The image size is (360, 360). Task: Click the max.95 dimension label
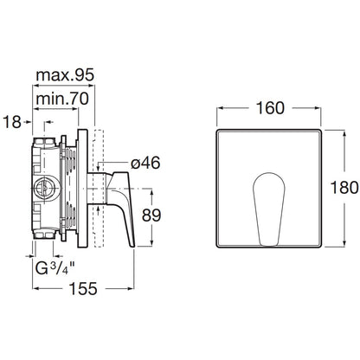click(x=65, y=75)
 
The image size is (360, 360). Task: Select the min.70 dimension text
click(x=62, y=99)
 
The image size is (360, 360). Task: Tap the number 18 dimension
click(x=12, y=122)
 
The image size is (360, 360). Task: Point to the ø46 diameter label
click(x=145, y=164)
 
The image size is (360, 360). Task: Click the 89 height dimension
click(x=151, y=215)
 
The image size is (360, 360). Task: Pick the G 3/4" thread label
click(x=55, y=268)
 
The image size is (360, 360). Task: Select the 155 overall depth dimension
click(x=84, y=288)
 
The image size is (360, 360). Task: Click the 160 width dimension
click(x=270, y=108)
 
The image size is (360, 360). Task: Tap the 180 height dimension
click(x=344, y=188)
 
